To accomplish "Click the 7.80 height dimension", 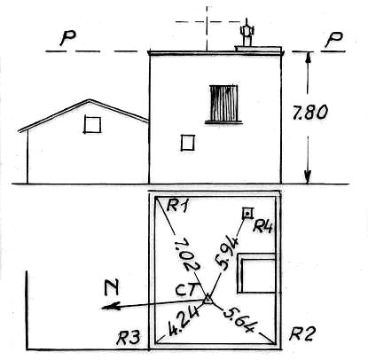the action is point(309,113).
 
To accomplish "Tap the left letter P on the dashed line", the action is point(67,38).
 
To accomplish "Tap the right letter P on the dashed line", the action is point(333,39).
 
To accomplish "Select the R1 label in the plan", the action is point(177,206).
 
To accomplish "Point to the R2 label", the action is point(302,334).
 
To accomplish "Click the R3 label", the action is point(128,338).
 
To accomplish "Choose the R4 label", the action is point(262,227).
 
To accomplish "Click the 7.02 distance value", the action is point(187,254).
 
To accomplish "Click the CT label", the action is point(185,290).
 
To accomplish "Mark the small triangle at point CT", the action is point(207,299).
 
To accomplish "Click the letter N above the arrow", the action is point(112,288).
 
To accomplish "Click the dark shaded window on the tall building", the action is point(223,103).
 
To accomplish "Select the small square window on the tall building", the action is point(188,143).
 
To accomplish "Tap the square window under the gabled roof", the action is point(92,124).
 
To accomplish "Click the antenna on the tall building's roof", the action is point(247,33).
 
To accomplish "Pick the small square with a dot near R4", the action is point(247,213).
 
